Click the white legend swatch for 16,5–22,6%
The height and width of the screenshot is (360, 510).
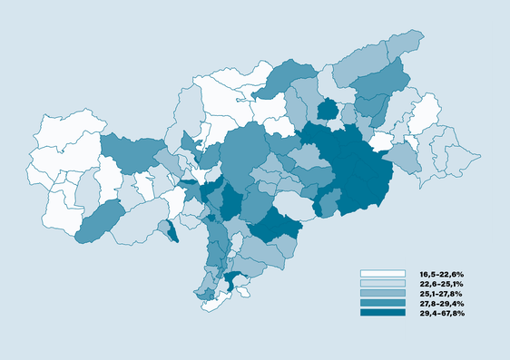382,274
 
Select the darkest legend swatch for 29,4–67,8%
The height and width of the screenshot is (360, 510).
382,313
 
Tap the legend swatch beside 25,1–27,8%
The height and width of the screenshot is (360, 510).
382,294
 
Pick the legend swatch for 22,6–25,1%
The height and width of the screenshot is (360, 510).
382,284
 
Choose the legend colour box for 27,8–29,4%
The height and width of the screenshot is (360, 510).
382,303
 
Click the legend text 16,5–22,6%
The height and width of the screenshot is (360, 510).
441,274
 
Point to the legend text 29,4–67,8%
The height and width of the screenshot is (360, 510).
441,313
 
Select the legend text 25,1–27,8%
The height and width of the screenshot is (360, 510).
441,294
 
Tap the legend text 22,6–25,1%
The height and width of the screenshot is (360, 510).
441,284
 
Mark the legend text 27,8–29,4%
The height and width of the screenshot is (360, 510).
441,303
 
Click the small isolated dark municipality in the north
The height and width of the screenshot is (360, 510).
327,110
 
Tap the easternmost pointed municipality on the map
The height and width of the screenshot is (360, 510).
470,162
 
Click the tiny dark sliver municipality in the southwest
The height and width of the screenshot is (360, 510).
172,232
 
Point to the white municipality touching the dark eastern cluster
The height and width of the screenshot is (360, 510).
381,141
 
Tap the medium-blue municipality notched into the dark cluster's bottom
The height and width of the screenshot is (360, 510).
329,200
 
